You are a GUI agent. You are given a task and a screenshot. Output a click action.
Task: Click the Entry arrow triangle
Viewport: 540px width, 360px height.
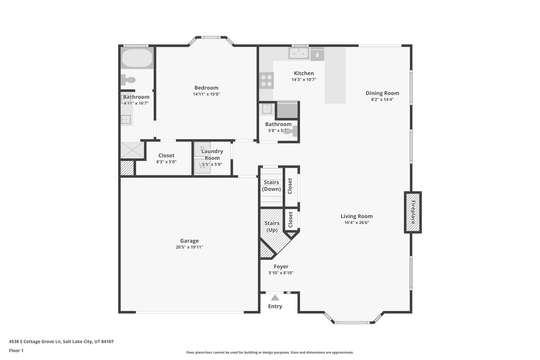275,298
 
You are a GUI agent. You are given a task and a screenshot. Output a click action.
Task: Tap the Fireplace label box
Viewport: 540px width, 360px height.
412,212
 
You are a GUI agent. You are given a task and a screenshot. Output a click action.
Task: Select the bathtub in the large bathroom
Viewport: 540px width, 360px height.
137,58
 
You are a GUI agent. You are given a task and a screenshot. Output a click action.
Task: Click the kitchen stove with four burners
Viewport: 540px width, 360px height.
266,81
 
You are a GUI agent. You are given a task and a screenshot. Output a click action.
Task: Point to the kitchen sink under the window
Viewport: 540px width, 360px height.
298,53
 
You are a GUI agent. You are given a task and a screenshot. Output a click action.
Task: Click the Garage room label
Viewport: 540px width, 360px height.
189,241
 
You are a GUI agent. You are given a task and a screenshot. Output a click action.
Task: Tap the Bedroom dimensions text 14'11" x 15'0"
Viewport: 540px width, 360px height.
206,94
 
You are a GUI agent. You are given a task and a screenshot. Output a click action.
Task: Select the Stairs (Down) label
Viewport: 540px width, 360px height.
272,186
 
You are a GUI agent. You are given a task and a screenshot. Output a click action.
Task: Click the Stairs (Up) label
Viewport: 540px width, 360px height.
272,227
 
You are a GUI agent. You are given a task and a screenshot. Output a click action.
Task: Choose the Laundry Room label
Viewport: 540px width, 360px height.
212,154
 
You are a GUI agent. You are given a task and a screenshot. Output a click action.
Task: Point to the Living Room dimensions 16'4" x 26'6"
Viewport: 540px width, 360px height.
357,222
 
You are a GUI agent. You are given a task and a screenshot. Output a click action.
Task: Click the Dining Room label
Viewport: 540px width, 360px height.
382,93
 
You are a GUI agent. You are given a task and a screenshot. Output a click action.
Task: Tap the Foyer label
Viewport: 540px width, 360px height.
281,266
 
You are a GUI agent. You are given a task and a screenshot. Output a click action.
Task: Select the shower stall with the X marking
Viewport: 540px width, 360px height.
132,150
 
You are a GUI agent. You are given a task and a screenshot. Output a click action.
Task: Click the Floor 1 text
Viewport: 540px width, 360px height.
16,351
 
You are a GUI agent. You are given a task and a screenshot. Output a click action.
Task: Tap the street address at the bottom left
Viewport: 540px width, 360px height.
61,342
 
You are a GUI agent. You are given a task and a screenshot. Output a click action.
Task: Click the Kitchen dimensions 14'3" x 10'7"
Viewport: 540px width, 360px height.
304,80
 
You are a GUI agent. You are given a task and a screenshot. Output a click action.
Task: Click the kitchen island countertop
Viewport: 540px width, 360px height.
335,75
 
